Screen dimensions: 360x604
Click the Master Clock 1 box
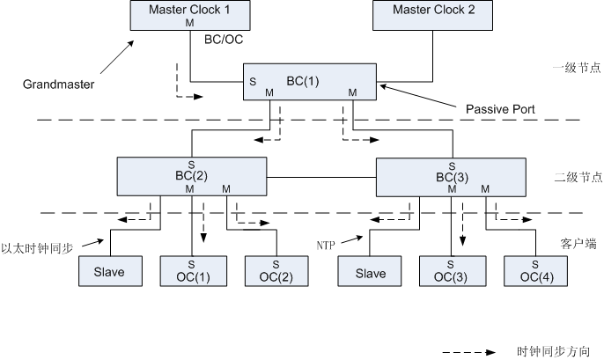click(189, 15)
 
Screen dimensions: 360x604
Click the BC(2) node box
click(192, 176)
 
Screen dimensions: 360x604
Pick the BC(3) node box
click(450, 176)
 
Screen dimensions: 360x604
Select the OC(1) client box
click(191, 271)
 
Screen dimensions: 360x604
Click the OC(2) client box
click(276, 271)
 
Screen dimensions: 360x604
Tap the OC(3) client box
click(450, 271)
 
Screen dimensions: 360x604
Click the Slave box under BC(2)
click(109, 272)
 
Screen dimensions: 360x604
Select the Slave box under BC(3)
click(370, 272)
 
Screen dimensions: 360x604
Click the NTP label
click(327, 240)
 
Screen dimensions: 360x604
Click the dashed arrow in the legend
click(475, 350)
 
